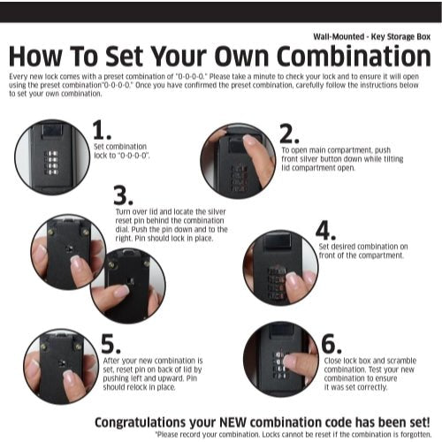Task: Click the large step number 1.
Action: click(100, 130)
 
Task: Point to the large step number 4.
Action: click(325, 229)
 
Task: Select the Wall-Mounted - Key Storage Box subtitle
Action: click(371, 37)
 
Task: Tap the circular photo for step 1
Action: click(52, 156)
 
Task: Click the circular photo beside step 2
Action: click(238, 160)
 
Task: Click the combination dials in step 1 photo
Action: click(53, 165)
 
